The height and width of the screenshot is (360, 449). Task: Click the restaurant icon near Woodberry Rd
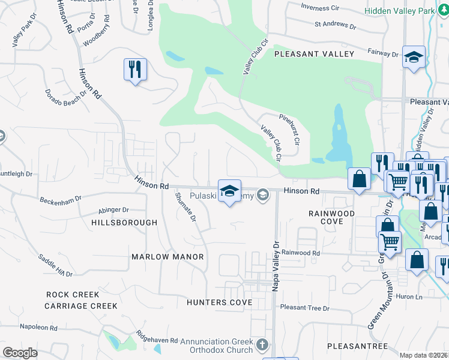pos(135,69)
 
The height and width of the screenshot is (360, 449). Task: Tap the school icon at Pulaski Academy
pos(229,191)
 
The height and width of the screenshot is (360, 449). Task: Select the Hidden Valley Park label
pos(400,11)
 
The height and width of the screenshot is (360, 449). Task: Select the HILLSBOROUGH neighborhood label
pos(124,222)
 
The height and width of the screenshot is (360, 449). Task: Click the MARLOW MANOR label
pos(167,256)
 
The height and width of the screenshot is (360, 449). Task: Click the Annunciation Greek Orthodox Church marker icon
pos(262,345)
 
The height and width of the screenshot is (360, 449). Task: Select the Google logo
pos(20,353)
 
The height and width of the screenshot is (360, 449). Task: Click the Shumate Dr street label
pos(185,207)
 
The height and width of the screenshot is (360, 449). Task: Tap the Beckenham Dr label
pos(61,199)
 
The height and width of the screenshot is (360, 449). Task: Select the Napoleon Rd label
pos(38,328)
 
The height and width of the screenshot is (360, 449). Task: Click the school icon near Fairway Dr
pos(414,57)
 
